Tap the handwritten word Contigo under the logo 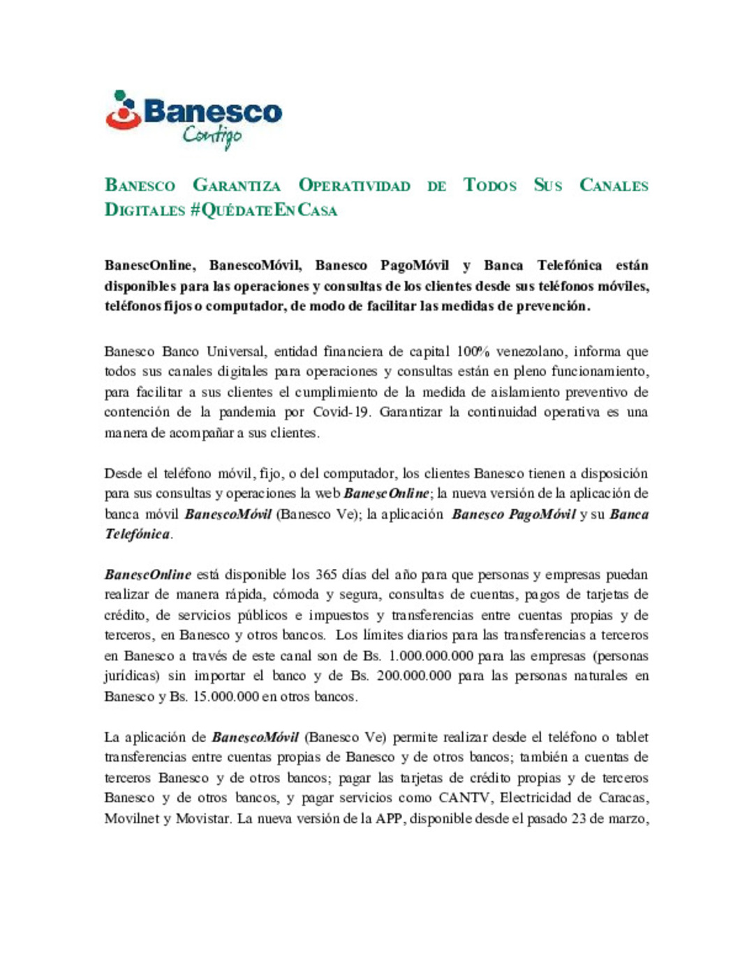click(212, 135)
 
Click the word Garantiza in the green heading click(237, 186)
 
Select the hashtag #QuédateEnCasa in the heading click(263, 210)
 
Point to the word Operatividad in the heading click(354, 186)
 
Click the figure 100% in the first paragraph click(473, 351)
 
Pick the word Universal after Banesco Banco click(235, 351)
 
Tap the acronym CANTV click(464, 797)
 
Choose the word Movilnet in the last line click(131, 818)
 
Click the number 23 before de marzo click(578, 818)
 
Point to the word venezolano click(530, 351)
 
